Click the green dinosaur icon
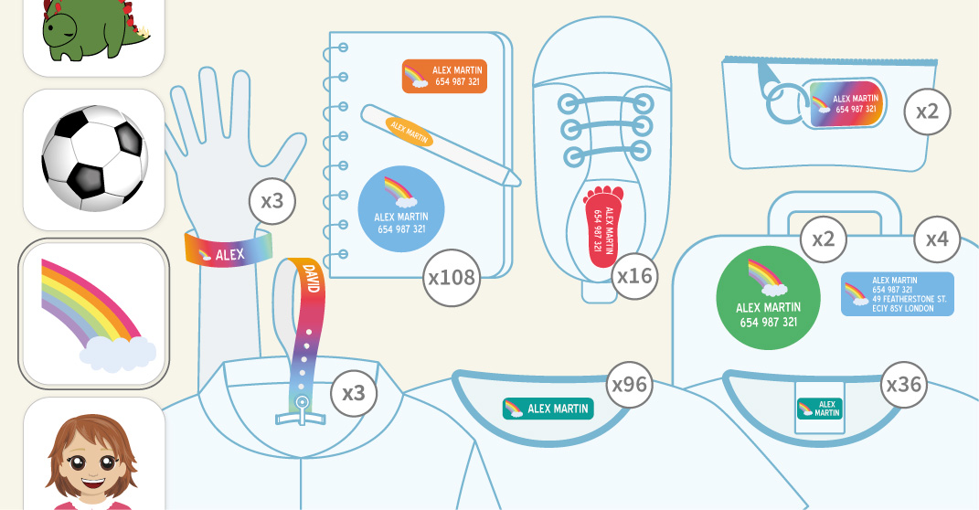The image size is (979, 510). (x=91, y=32)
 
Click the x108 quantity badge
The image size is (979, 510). (x=452, y=276)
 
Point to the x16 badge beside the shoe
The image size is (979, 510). (x=634, y=276)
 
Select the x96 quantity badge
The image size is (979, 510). (x=629, y=385)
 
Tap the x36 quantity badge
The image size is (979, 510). (x=903, y=385)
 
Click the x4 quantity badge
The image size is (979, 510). (x=937, y=240)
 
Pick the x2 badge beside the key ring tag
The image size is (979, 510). (x=927, y=112)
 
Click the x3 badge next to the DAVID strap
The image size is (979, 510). (x=353, y=393)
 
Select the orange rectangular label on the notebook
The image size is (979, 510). (x=444, y=76)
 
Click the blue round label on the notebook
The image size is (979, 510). (x=400, y=208)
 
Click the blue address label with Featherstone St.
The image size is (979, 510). (x=898, y=294)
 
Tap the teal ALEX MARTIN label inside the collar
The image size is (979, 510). (x=548, y=409)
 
